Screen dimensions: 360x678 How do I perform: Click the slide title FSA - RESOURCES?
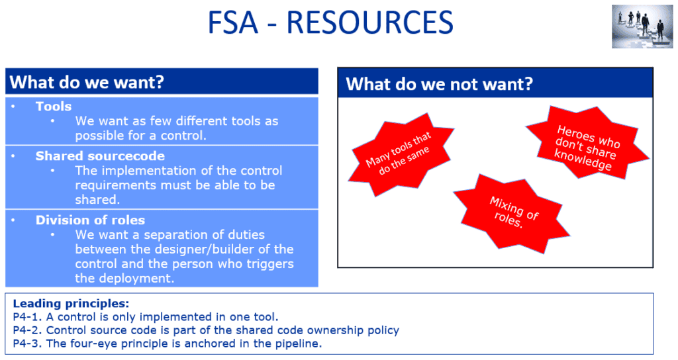click(x=330, y=23)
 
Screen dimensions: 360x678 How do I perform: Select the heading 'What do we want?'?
click(x=87, y=83)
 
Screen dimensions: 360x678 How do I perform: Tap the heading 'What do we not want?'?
click(x=440, y=84)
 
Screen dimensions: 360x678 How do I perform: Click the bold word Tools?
click(x=54, y=107)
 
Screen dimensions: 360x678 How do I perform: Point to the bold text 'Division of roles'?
click(x=90, y=220)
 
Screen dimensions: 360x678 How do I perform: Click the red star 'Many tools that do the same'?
click(x=399, y=152)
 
